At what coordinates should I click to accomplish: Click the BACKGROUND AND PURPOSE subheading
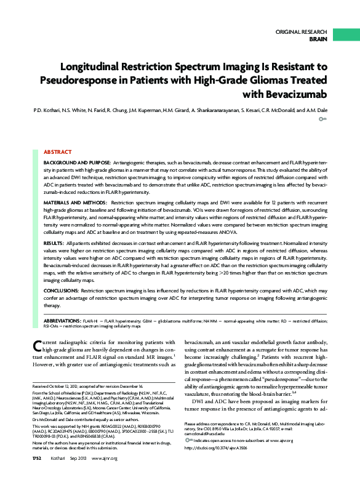pyautogui.click(x=77, y=161)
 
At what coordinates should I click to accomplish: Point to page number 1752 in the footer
pyautogui.click(x=38, y=476)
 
